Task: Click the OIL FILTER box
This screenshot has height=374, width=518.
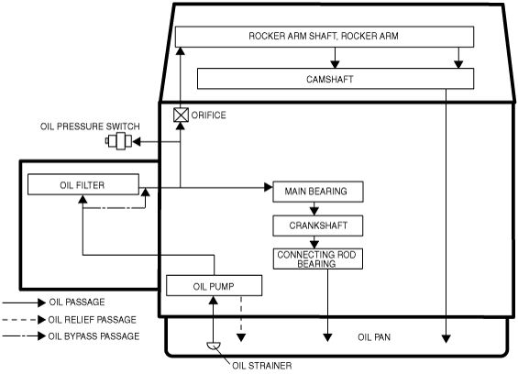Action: (83, 184)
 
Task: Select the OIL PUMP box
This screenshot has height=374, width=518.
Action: (214, 285)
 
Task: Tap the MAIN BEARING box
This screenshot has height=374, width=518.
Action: (318, 192)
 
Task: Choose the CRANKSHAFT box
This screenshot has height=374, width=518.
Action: (318, 225)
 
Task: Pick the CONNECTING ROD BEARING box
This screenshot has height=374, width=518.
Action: (318, 258)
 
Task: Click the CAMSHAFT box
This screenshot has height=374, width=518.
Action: (336, 79)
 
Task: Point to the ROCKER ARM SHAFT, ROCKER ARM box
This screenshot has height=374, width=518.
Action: (325, 37)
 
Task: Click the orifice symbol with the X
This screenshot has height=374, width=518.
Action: (181, 115)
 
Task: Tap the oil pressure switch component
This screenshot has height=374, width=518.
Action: (118, 141)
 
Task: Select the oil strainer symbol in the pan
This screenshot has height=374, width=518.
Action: (214, 346)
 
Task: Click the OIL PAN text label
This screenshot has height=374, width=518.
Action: (374, 337)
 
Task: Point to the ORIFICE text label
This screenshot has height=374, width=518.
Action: (209, 115)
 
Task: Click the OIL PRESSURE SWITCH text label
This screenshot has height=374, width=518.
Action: (90, 126)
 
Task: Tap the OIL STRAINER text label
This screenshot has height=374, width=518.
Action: (262, 366)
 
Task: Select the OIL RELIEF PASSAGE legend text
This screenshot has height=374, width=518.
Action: (93, 320)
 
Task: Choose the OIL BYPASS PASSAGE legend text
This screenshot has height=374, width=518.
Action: (94, 336)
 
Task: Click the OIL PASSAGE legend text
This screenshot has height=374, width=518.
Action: (77, 302)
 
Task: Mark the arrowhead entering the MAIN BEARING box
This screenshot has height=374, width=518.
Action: (269, 187)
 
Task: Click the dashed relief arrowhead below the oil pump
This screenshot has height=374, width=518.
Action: (241, 337)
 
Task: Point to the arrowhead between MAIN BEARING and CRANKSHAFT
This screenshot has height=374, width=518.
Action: (314, 211)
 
